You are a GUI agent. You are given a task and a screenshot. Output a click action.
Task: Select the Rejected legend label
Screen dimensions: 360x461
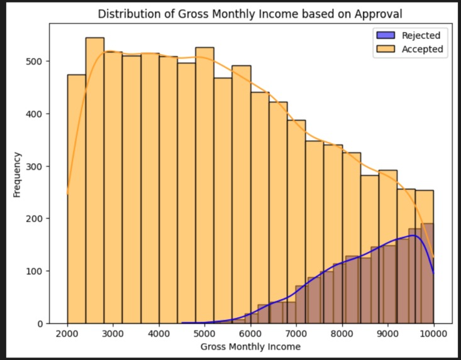421,35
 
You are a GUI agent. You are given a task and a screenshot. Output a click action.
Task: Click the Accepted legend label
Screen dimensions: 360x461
423,49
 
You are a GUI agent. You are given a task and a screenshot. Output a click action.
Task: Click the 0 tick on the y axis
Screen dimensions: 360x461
40,324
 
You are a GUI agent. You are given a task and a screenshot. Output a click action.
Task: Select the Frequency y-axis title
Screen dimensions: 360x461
17,174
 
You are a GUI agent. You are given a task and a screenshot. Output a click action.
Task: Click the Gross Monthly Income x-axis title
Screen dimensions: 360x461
250,346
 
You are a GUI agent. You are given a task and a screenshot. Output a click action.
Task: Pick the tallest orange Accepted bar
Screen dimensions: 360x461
95,182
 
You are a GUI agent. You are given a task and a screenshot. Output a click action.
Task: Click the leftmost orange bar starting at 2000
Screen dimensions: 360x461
77,201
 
